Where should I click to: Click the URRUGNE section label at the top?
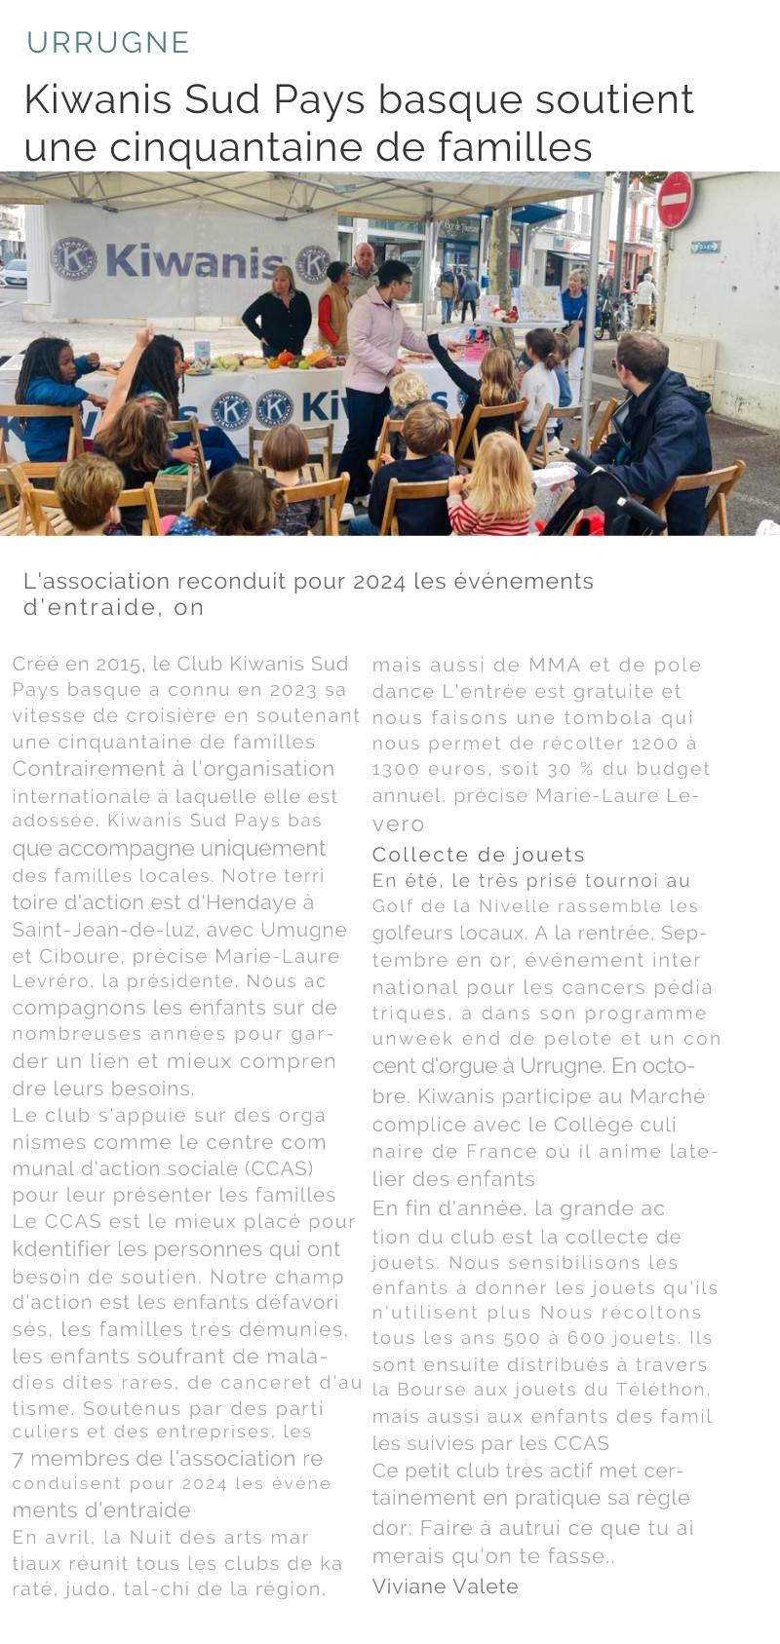pyautogui.click(x=107, y=43)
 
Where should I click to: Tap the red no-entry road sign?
pyautogui.click(x=675, y=200)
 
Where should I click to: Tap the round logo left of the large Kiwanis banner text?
pyautogui.click(x=73, y=258)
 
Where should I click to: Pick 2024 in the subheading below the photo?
pyautogui.click(x=378, y=582)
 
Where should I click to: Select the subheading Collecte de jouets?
pyautogui.click(x=478, y=855)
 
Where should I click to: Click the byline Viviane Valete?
pyautogui.click(x=445, y=1587)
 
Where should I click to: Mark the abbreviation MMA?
pyautogui.click(x=554, y=666)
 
